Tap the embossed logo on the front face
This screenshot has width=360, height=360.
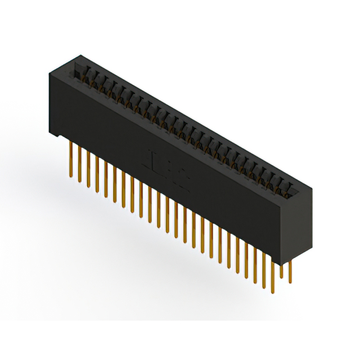click(169, 165)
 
